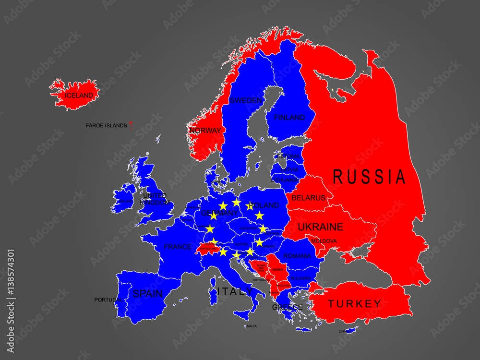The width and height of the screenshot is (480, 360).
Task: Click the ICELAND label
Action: click(79, 96)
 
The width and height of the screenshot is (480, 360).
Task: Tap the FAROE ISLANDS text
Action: click(106, 126)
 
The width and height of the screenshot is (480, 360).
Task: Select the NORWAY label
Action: click(205, 131)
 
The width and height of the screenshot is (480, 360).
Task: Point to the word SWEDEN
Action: click(246, 101)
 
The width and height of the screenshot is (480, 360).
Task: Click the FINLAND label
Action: click(289, 118)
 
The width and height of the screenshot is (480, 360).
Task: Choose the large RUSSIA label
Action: click(369, 177)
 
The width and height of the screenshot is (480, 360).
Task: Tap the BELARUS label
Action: click(309, 198)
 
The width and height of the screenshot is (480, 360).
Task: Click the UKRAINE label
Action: click(320, 227)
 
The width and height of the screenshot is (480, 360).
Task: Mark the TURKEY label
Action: click(355, 303)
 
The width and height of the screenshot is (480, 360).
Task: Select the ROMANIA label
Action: click(297, 256)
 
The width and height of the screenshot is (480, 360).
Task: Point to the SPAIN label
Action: click(148, 294)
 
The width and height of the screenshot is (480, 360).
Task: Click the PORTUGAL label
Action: click(107, 300)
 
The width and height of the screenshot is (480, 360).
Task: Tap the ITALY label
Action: click(235, 291)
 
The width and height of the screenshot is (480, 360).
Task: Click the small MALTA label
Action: click(252, 326)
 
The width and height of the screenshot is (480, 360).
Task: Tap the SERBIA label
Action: click(277, 270)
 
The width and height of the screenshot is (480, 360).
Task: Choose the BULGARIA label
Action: click(301, 278)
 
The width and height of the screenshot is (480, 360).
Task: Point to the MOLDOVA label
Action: click(324, 241)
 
